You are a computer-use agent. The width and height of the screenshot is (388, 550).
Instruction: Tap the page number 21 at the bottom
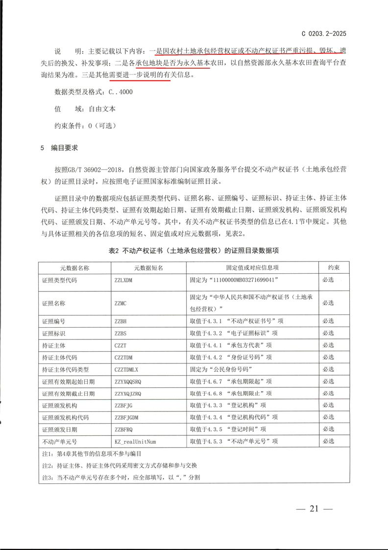point(314,508)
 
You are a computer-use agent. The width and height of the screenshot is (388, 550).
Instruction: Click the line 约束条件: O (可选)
point(85,125)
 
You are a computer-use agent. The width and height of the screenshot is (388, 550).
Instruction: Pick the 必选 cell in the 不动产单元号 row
point(328,441)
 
